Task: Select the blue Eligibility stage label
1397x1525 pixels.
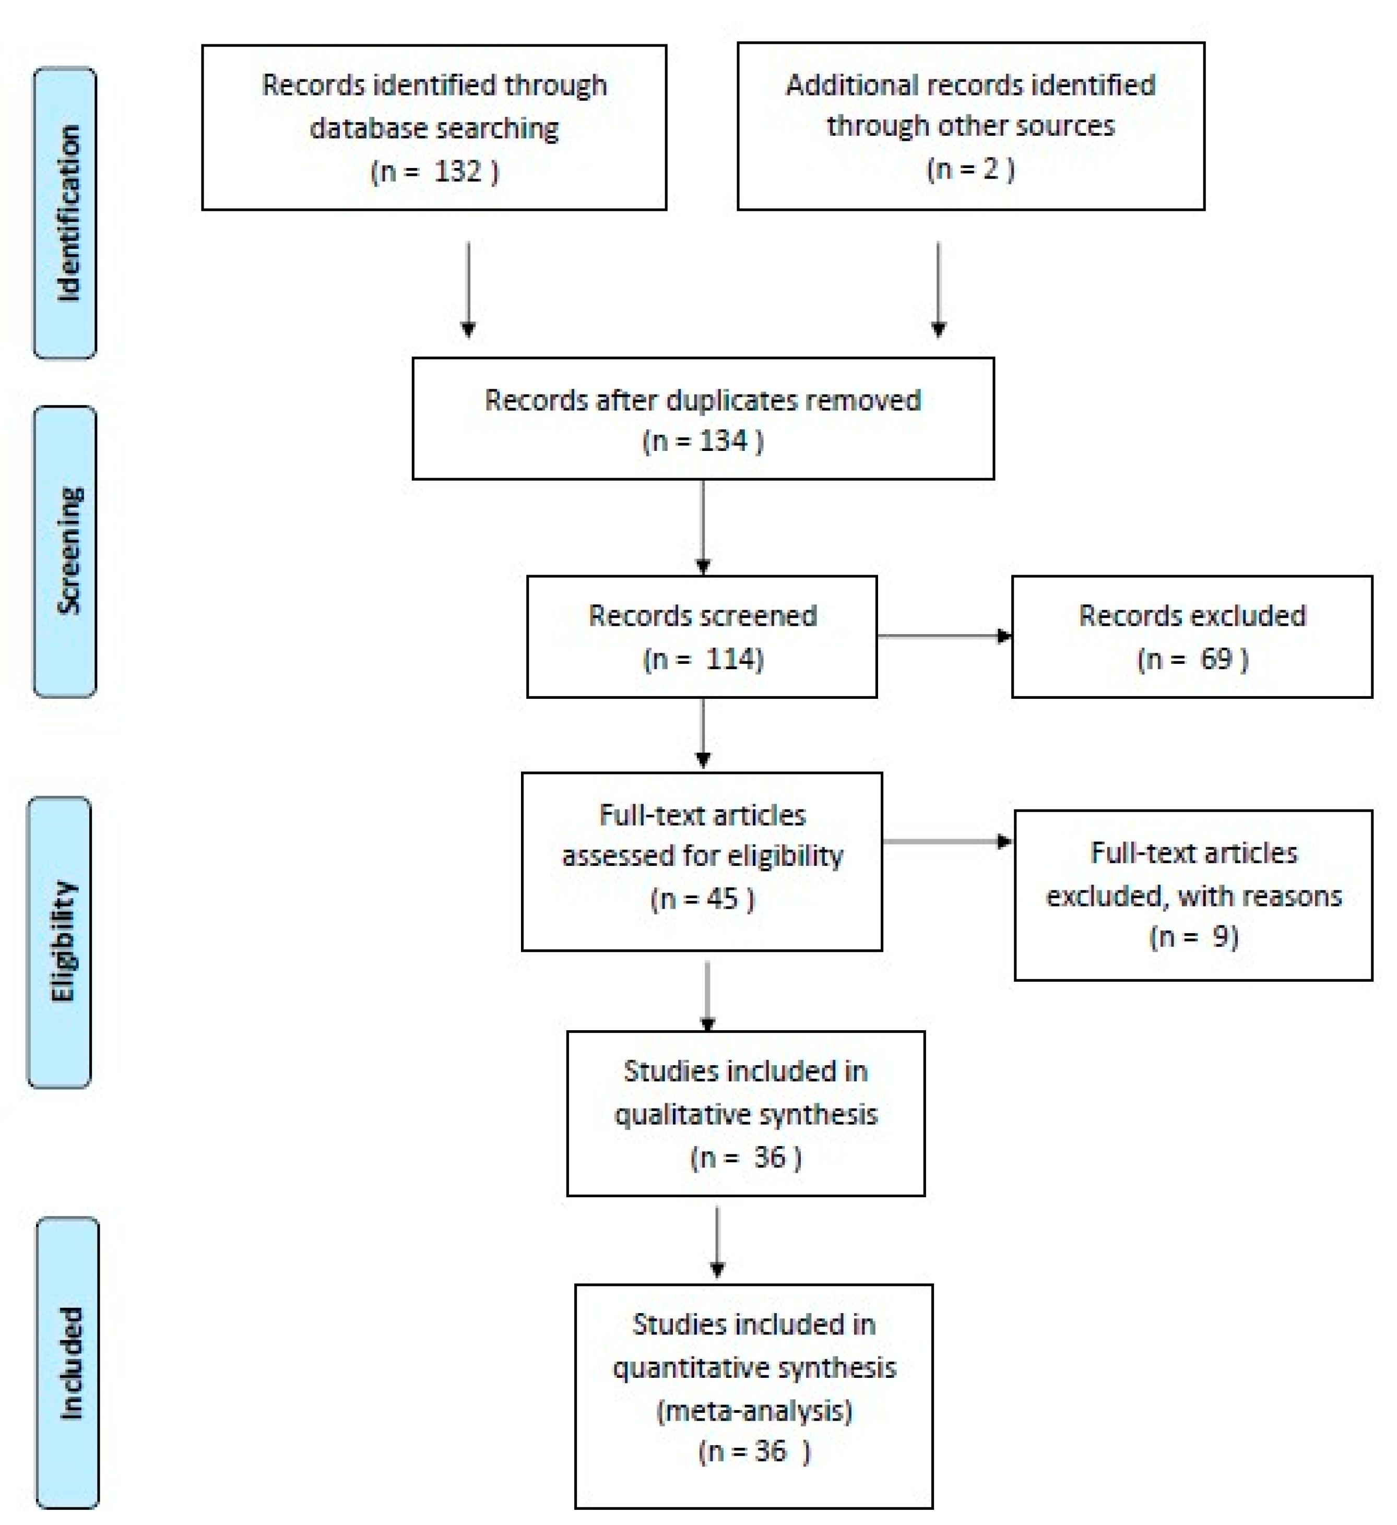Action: pyautogui.click(x=60, y=942)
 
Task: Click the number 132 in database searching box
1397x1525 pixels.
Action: pyautogui.click(x=458, y=172)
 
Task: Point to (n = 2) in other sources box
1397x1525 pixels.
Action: pyautogui.click(x=970, y=168)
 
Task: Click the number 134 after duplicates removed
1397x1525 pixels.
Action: pyautogui.click(x=723, y=440)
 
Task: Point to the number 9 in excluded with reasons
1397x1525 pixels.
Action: pyautogui.click(x=1221, y=936)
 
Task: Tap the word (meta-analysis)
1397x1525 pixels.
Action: pyautogui.click(x=754, y=1411)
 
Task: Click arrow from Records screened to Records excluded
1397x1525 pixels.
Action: pyautogui.click(x=944, y=636)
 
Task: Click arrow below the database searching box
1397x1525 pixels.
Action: pyautogui.click(x=468, y=289)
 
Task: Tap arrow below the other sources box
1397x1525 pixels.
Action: pyautogui.click(x=939, y=289)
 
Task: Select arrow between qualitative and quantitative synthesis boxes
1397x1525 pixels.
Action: pyautogui.click(x=717, y=1241)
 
